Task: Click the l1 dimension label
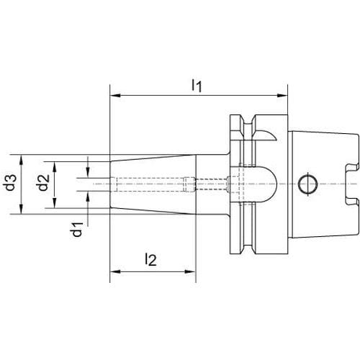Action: pyautogui.click(x=197, y=86)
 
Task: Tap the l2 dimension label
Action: pyautogui.click(x=151, y=259)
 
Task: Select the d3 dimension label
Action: pyautogui.click(x=12, y=182)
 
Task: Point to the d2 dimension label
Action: pyautogui.click(x=43, y=182)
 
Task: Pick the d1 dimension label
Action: pyautogui.click(x=77, y=230)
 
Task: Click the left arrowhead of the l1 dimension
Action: pyautogui.click(x=115, y=96)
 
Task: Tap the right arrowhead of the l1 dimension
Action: pyautogui.click(x=282, y=96)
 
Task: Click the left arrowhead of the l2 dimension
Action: pyautogui.click(x=115, y=271)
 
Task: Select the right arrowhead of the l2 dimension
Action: pyautogui.click(x=190, y=271)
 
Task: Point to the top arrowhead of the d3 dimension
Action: pyautogui.click(x=22, y=160)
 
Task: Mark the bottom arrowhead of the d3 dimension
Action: pyautogui.click(x=22, y=209)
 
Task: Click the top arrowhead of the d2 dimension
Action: pyautogui.click(x=55, y=167)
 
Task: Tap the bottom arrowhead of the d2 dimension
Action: pyautogui.click(x=55, y=203)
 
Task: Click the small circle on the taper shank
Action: pyautogui.click(x=308, y=184)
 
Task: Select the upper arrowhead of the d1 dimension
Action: pyautogui.click(x=88, y=173)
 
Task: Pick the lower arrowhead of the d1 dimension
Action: pyautogui.click(x=88, y=197)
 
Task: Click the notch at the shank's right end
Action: pyautogui.click(x=352, y=184)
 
